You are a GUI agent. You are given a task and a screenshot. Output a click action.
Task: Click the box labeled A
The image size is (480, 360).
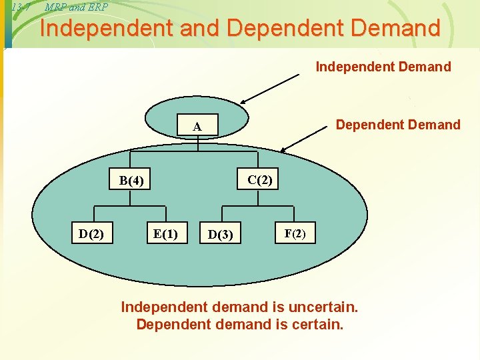(197, 127)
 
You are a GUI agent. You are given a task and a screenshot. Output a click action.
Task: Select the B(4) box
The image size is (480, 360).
(131, 180)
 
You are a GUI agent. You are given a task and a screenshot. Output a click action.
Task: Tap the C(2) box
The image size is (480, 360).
(260, 179)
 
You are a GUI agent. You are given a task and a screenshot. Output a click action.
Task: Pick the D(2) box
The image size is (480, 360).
(91, 233)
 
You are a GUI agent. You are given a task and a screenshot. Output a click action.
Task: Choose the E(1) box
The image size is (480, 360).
(165, 233)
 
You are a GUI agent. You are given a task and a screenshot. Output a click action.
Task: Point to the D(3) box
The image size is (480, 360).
(221, 234)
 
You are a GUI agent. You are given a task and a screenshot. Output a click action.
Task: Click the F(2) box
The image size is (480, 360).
(295, 233)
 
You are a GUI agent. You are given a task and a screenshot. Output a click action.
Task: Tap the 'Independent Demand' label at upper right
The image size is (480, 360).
(383, 67)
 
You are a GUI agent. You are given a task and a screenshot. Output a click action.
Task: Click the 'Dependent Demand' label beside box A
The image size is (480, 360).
(398, 125)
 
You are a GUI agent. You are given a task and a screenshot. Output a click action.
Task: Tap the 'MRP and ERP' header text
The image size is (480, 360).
(76, 7)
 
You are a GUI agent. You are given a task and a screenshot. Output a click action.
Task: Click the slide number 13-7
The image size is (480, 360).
(21, 7)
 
